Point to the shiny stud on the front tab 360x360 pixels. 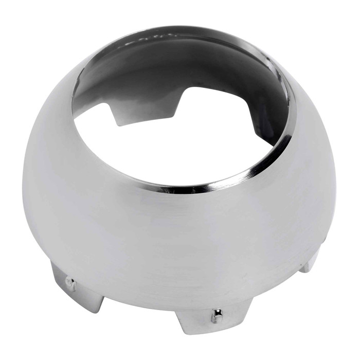(x=217, y=315)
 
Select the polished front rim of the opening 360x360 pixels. (x=206, y=185)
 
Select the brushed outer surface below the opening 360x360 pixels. (x=180, y=237)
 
